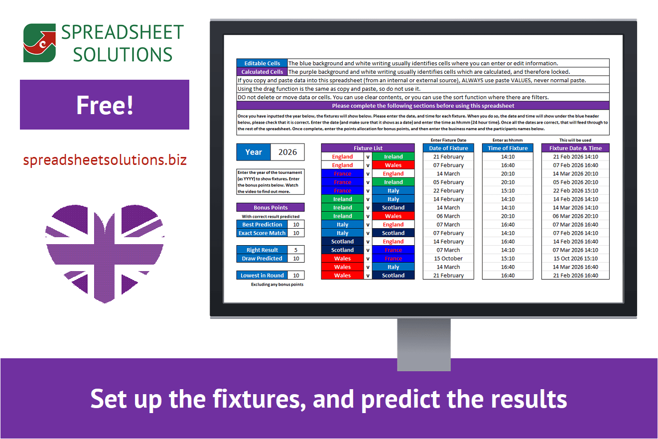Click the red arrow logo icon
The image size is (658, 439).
tap(40, 43)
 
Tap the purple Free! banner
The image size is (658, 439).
tap(105, 105)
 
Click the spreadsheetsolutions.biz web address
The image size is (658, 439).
tap(105, 160)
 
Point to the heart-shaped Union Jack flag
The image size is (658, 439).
tap(105, 254)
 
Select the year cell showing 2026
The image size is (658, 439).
tap(287, 152)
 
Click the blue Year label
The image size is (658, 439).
tap(254, 152)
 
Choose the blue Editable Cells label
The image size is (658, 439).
tap(262, 63)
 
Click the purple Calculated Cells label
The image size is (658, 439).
tap(262, 72)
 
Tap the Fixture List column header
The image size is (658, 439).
tap(368, 148)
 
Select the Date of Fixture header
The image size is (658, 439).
tap(448, 148)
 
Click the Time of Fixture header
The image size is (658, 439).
tap(508, 148)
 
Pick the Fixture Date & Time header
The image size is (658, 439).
tap(575, 148)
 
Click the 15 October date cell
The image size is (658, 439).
tap(448, 259)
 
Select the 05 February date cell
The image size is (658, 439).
tap(448, 182)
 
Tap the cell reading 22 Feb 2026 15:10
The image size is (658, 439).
tap(575, 191)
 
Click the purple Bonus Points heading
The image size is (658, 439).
tap(270, 207)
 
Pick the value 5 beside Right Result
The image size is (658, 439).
tap(296, 250)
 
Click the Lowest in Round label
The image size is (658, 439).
tap(262, 276)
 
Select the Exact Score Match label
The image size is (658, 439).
tap(262, 233)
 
